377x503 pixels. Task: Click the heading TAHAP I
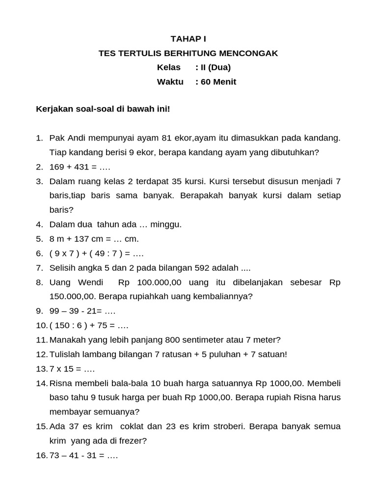[x=188, y=39]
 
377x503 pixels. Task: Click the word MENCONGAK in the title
[x=252, y=53]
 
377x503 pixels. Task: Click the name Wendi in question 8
[x=90, y=282]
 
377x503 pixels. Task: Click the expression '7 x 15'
[x=63, y=369]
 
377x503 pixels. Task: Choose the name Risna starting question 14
[x=60, y=383]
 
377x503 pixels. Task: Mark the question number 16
[x=41, y=455]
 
